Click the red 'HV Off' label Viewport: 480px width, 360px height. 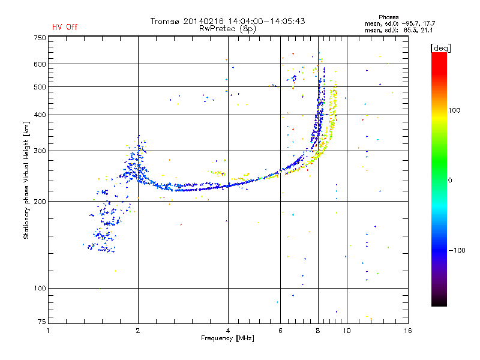(x=65, y=27)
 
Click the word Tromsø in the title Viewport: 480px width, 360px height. (x=165, y=21)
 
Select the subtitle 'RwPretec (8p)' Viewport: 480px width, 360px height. (x=227, y=29)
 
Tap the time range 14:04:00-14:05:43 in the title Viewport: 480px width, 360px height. (x=266, y=21)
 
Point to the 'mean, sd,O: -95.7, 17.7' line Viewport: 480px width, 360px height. (x=400, y=24)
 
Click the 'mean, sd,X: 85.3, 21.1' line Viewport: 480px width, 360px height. (x=398, y=31)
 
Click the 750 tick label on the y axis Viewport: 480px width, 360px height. (x=40, y=38)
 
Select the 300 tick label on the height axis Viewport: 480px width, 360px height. (x=40, y=151)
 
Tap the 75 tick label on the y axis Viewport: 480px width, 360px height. (x=42, y=322)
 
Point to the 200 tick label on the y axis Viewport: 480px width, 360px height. (x=40, y=202)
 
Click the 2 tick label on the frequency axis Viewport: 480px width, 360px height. (x=138, y=331)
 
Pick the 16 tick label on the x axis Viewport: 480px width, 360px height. (x=408, y=331)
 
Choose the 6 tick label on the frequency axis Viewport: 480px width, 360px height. (x=280, y=331)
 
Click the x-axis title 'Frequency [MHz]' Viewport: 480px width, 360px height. (x=227, y=338)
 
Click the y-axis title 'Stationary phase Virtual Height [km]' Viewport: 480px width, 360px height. (x=26, y=181)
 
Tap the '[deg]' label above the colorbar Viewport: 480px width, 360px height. (x=440, y=49)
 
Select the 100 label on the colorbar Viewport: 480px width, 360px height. (x=454, y=110)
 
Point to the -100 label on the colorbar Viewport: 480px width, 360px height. (x=457, y=250)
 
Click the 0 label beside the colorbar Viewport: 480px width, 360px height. (x=450, y=181)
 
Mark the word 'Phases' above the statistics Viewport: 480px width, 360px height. (x=388, y=17)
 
